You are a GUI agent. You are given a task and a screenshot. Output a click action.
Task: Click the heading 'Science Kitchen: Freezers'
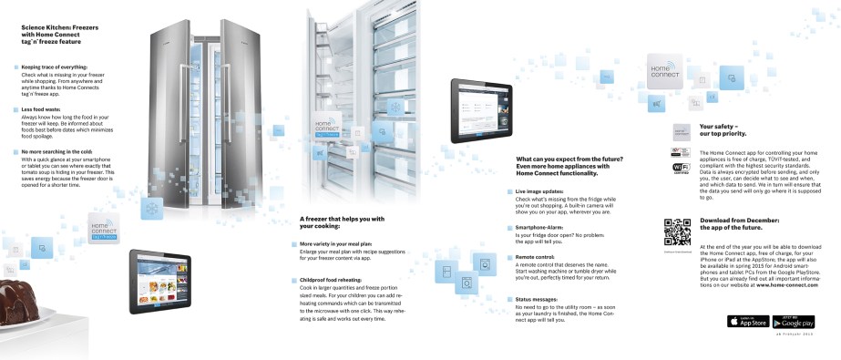click(x=60, y=27)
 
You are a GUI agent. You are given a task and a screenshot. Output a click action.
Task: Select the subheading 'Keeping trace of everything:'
click(x=55, y=67)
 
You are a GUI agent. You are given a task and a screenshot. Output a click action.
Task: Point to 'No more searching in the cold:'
click(x=56, y=150)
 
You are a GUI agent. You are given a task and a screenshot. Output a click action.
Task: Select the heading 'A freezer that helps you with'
click(x=342, y=219)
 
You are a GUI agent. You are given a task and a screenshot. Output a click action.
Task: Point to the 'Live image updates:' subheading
click(x=539, y=191)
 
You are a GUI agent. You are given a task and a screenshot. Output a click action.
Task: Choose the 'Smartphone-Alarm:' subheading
click(x=539, y=226)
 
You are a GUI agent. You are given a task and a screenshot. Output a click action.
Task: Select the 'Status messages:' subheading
click(x=536, y=299)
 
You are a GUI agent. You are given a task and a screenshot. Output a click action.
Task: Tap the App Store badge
click(x=746, y=321)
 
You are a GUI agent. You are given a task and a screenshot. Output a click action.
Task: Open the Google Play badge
click(x=793, y=321)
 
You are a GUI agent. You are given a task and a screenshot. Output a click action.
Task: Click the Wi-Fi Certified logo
click(x=682, y=170)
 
